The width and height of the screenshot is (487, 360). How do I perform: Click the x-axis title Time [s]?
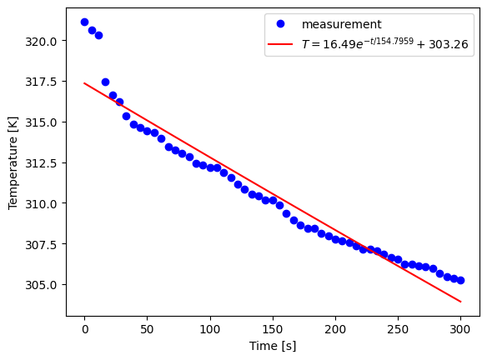[272, 346]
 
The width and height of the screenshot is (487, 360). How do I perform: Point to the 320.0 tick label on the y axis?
[42, 41]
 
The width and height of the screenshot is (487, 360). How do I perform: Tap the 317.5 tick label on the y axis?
[42, 82]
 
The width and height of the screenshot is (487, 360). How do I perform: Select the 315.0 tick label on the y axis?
[42, 122]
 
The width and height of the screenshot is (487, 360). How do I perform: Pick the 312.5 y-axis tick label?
[42, 162]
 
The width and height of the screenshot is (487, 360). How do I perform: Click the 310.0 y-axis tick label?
[42, 203]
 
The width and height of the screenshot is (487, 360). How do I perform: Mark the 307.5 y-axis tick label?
[42, 244]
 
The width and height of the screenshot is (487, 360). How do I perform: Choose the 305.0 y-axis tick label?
[42, 285]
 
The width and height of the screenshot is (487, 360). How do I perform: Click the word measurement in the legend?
[341, 25]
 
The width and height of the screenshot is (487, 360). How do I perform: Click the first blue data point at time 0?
[84, 22]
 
